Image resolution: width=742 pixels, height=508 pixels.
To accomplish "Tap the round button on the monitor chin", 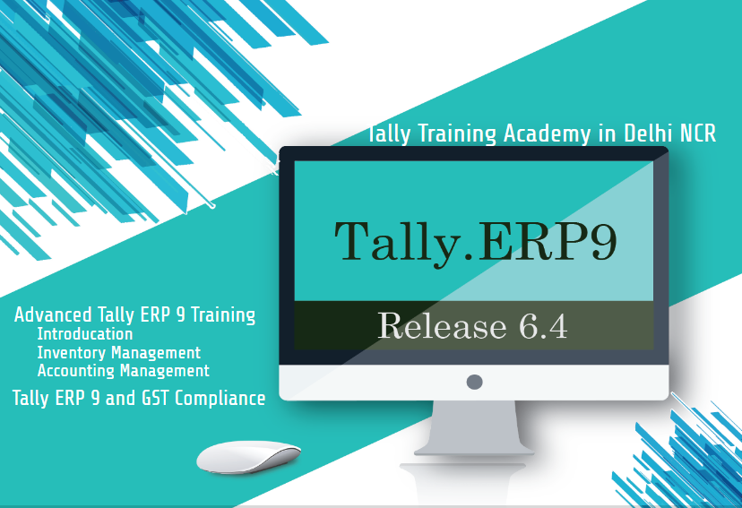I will [x=475, y=383].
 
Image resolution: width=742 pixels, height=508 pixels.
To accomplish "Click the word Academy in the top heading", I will [x=547, y=133].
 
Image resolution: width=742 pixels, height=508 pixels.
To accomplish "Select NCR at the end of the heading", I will [x=697, y=133].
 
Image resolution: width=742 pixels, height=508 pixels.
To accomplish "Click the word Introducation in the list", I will [x=85, y=334].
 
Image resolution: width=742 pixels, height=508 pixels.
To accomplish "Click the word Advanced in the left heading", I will [x=53, y=315].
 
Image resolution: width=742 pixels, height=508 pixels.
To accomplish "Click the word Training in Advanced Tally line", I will [x=220, y=315].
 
